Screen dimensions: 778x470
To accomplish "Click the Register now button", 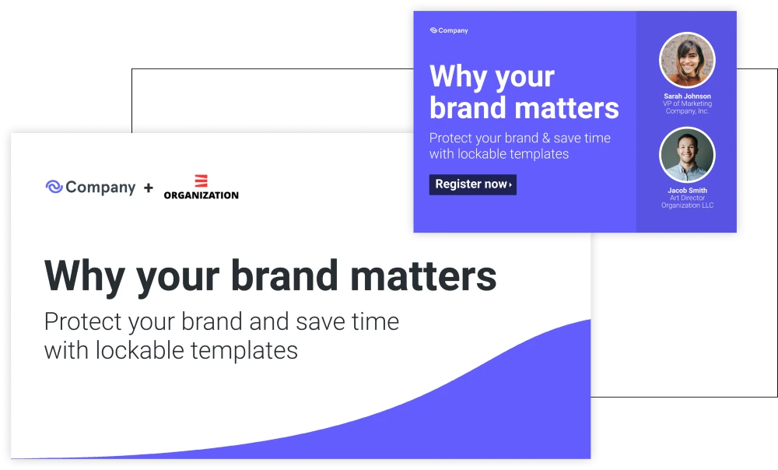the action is pyautogui.click(x=473, y=184).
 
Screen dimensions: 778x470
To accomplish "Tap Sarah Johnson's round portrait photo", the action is pyautogui.click(x=687, y=60).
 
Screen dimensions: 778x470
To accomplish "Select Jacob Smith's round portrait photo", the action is pyautogui.click(x=687, y=155).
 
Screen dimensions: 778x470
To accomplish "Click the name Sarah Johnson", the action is pyautogui.click(x=687, y=96).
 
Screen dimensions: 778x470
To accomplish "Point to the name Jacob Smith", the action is pyautogui.click(x=687, y=190).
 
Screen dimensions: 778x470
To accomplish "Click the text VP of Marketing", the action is pyautogui.click(x=687, y=103).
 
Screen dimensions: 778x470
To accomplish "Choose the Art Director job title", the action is pyautogui.click(x=687, y=198).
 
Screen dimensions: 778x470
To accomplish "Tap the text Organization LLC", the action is pyautogui.click(x=687, y=205).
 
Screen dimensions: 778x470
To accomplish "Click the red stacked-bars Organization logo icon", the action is pyautogui.click(x=201, y=181).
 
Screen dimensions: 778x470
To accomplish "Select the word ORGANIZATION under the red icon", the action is pyautogui.click(x=201, y=195).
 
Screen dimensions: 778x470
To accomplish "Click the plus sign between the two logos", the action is pyautogui.click(x=149, y=188).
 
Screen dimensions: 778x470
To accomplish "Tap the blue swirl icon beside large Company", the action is pyautogui.click(x=54, y=187).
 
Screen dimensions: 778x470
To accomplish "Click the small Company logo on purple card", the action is pyautogui.click(x=449, y=30).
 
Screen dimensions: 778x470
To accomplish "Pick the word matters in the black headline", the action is pyautogui.click(x=423, y=276).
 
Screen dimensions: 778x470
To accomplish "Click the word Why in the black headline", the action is pyautogui.click(x=84, y=277).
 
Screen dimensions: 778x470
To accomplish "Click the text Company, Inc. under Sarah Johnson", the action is pyautogui.click(x=687, y=111).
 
